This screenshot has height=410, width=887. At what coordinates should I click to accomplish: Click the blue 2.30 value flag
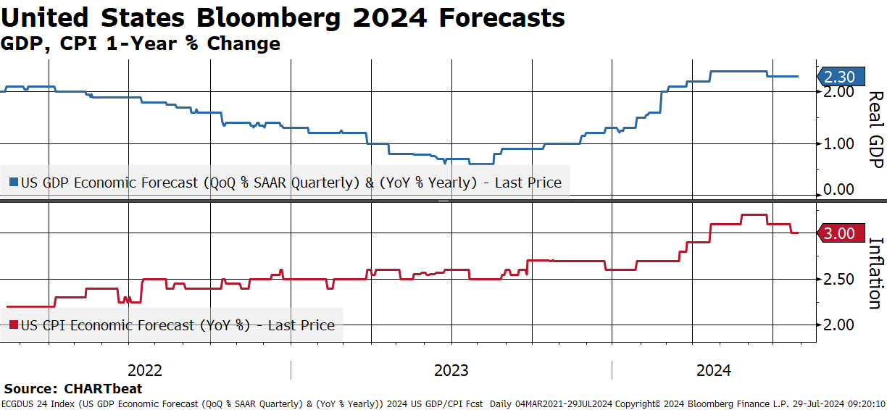(841, 76)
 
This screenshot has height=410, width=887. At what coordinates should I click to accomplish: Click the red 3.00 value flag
(841, 233)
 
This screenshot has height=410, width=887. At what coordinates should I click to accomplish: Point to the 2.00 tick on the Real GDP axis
(838, 92)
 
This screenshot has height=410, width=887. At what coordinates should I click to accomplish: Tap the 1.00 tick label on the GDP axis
(838, 143)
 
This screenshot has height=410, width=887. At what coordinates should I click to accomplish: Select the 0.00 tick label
(838, 190)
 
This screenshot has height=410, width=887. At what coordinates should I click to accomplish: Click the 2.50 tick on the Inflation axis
(838, 280)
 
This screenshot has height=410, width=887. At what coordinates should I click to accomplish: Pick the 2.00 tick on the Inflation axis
(838, 325)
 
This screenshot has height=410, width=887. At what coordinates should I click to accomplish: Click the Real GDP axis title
(875, 130)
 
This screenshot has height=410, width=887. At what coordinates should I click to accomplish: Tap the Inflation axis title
(875, 273)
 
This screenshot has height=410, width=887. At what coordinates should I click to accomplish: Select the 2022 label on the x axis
(145, 371)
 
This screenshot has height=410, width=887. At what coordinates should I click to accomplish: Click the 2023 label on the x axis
(451, 371)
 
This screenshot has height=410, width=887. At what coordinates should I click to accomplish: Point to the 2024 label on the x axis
(714, 371)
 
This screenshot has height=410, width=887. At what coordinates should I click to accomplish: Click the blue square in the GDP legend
(14, 182)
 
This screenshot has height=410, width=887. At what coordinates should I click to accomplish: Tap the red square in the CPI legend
(14, 325)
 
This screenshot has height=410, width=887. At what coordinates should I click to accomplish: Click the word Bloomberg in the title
(268, 18)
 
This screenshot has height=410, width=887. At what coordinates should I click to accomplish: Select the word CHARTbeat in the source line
(103, 388)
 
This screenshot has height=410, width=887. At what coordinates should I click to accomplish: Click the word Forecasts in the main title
(501, 17)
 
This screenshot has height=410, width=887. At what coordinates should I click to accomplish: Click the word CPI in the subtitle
(78, 43)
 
